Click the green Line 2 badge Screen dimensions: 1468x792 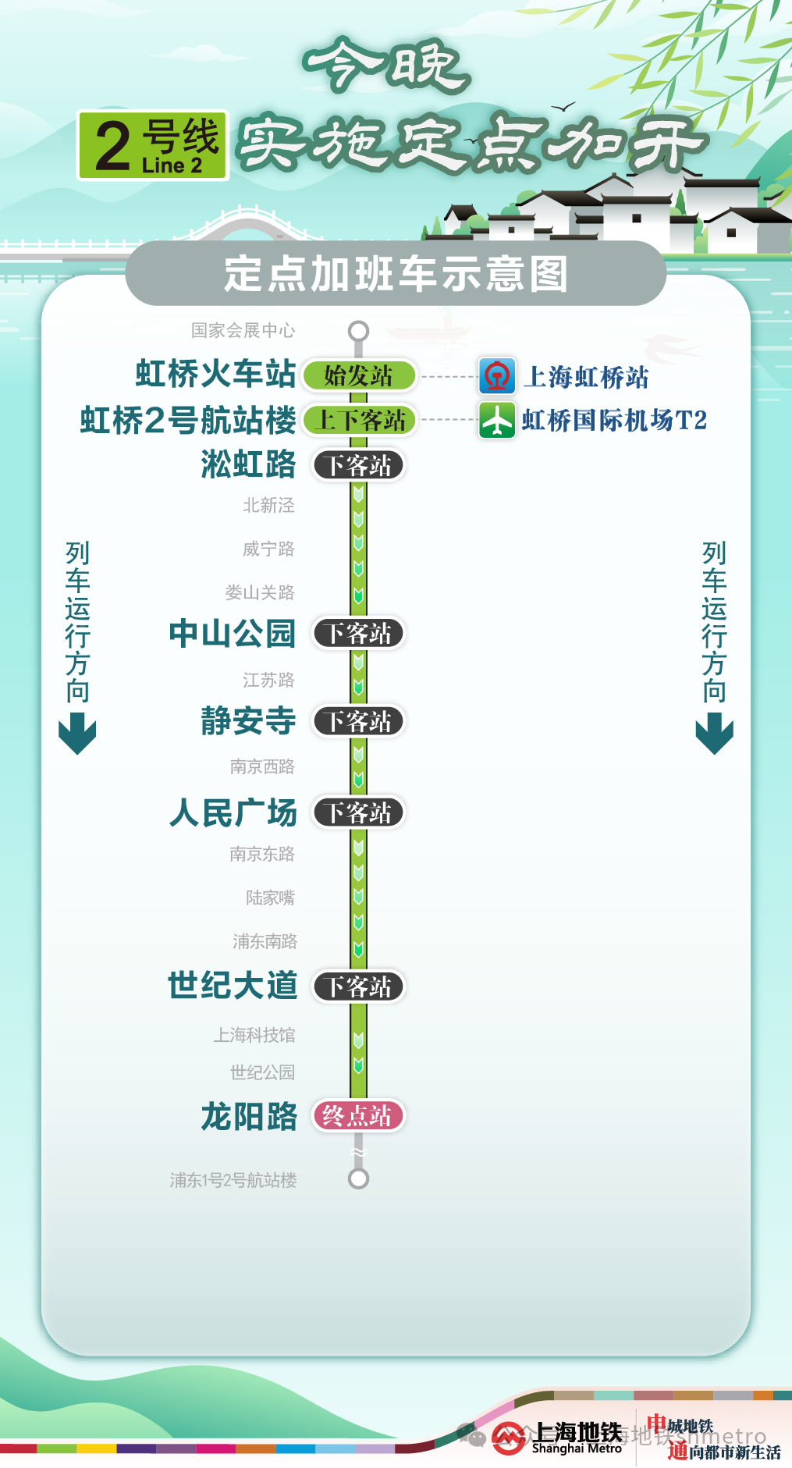pos(153,145)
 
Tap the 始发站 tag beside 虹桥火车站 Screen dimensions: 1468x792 pos(359,376)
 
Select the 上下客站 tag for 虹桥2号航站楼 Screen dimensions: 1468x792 pos(360,421)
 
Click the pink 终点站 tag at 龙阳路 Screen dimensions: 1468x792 pos(358,1116)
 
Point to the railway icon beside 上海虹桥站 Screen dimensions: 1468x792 pos(497,377)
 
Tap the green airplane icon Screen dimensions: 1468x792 pos(497,421)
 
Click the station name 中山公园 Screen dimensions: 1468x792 pos(233,634)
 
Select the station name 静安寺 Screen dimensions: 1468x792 pos(248,721)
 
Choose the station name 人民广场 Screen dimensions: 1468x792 pos(233,812)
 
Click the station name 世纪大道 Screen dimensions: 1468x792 pos(233,986)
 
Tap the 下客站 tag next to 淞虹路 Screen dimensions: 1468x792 pos(359,466)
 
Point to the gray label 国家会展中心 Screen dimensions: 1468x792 pos(243,331)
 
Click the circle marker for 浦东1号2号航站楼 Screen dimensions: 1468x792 pos(359,1178)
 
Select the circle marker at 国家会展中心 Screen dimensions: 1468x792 pos(359,331)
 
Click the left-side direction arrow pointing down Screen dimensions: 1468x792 pos(77,735)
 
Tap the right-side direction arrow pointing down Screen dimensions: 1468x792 pos(714,735)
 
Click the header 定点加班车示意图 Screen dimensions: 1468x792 pos(396,274)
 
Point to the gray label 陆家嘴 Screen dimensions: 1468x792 pos(270,898)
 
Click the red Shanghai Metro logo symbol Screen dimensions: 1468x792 pos(508,1438)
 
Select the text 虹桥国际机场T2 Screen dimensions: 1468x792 pos(614,421)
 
